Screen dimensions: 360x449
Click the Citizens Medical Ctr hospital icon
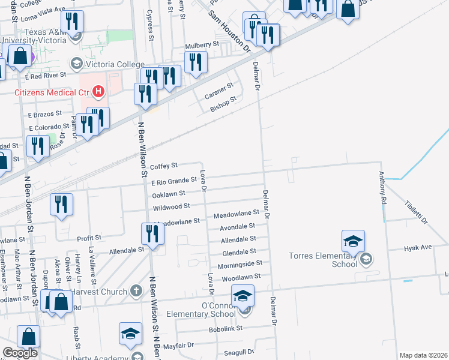click(99, 92)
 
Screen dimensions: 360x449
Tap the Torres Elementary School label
click(336, 259)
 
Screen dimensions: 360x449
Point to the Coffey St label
click(164, 166)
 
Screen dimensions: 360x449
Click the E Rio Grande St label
click(174, 180)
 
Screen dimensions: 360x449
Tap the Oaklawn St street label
click(169, 194)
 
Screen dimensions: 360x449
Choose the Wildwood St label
click(172, 208)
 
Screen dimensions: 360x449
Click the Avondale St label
click(237, 226)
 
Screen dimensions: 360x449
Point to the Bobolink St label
click(225, 329)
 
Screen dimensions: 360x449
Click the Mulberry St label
click(202, 45)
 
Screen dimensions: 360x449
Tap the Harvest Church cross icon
click(136, 292)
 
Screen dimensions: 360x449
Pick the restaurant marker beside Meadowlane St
click(152, 235)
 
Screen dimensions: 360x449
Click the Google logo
click(20, 353)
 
